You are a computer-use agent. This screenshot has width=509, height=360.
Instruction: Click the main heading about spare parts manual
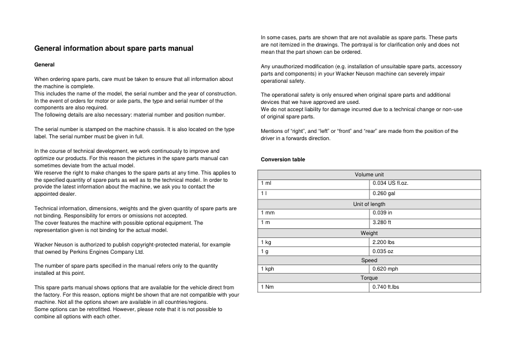pos(114,48)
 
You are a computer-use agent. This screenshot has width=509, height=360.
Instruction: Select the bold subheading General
pos(44,65)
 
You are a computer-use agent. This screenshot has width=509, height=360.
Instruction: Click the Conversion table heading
pos(283,159)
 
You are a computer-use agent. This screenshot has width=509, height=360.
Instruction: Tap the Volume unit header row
pos(369,175)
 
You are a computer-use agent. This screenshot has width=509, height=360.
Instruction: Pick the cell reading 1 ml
pos(266,182)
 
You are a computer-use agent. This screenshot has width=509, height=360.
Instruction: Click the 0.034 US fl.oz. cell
pos(391,182)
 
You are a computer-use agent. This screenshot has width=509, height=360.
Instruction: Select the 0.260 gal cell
pos(384,193)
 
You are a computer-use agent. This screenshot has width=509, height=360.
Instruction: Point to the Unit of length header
pos(369,204)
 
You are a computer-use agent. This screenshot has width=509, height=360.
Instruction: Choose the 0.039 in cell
pos(383,213)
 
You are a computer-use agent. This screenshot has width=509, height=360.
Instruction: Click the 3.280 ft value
pos(383,223)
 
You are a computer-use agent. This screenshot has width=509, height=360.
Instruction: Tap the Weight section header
pos(369,233)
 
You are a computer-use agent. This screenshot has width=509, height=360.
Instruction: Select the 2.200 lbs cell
pos(384,242)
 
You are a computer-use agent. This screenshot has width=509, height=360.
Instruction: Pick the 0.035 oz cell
pos(383,251)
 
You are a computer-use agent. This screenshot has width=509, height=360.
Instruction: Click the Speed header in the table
pos(369,260)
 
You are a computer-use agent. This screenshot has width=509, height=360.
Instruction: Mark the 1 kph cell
pos(268,269)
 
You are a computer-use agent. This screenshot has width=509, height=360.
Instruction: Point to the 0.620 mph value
pos(386,269)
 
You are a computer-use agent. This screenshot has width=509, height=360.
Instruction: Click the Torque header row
pos(369,278)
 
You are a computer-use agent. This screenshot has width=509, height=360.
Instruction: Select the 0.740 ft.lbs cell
pos(386,287)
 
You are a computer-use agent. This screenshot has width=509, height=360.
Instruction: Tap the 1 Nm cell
pos(267,287)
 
